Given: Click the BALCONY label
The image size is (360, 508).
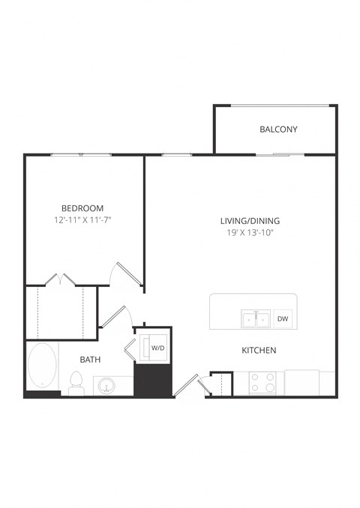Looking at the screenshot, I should click(278, 130).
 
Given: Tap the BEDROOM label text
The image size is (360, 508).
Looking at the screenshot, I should click(82, 208).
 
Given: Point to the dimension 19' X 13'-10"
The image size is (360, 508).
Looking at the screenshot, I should click(250, 233).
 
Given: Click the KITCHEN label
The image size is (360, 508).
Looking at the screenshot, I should click(259, 350).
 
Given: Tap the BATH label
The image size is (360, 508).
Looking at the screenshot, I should click(91, 360).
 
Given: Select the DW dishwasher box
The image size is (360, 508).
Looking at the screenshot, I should click(283, 319).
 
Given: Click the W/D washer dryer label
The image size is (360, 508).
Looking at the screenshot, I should click(158, 348).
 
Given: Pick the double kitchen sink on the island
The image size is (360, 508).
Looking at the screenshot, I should click(256, 320).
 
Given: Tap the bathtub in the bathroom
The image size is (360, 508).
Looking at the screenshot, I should click(42, 367).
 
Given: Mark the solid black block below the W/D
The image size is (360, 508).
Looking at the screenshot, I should click(153, 381).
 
